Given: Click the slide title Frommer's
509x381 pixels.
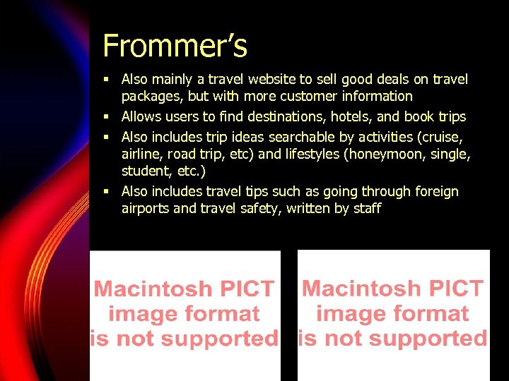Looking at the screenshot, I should click(175, 47).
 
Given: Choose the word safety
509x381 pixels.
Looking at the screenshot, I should click(259, 208).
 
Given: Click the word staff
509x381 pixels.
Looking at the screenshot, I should click(367, 208).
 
